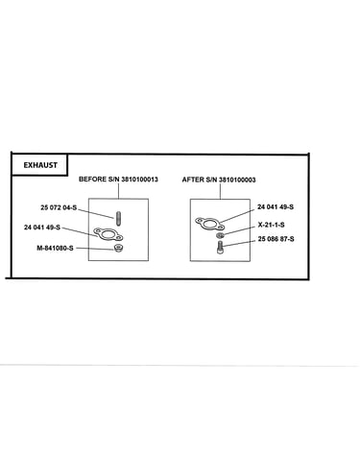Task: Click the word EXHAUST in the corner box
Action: click(40, 165)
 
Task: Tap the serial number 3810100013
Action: click(139, 180)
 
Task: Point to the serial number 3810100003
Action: click(237, 180)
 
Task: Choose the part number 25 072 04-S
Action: click(59, 207)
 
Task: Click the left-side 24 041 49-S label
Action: click(42, 228)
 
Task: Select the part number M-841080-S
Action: click(55, 248)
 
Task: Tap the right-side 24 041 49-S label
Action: click(276, 207)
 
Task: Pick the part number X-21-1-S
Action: click(272, 225)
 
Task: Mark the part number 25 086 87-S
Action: click(276, 239)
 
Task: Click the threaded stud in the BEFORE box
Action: click(118, 219)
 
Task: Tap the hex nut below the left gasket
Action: click(119, 248)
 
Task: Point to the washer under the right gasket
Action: click(220, 236)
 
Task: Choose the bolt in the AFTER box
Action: click(220, 248)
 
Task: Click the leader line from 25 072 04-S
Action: click(96, 214)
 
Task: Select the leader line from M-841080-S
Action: click(95, 248)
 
